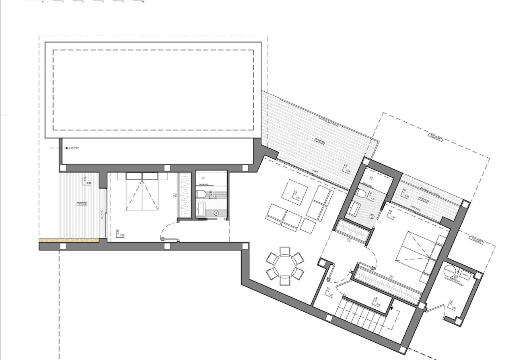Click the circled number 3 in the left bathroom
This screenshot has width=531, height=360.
coord(216,213)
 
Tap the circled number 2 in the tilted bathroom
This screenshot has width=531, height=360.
coord(372,216)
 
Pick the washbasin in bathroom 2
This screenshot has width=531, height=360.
coord(354,208)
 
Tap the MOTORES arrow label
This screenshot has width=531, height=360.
coord(72,148)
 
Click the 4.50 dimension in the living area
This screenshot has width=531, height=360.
coord(298,198)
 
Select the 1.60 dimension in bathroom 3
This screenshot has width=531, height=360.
coord(215,197)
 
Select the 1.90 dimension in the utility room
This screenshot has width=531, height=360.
coord(454,308)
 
